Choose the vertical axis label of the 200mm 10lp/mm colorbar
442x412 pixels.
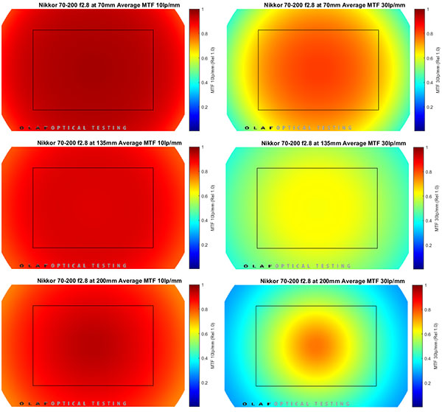(x=215, y=346)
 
